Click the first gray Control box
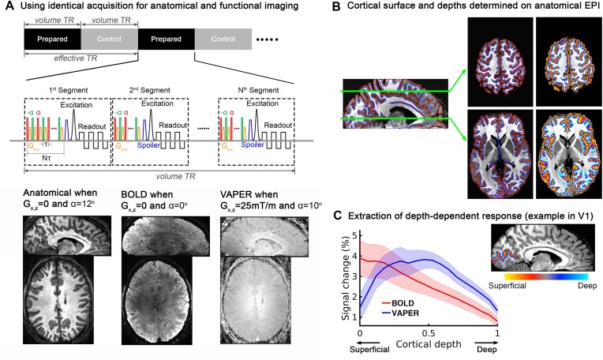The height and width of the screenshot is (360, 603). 109,37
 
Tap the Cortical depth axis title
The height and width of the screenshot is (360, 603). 429,344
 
